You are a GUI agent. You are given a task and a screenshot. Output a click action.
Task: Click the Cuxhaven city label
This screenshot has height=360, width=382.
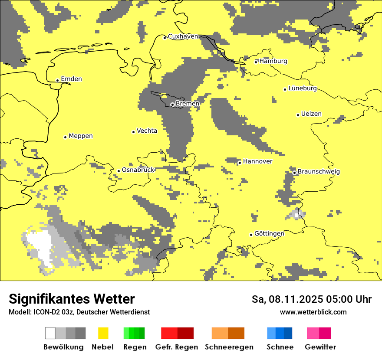[x=183, y=36]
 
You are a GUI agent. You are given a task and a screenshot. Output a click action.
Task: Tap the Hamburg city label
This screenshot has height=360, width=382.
[x=273, y=61]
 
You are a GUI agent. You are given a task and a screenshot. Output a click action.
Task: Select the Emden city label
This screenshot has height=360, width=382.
[x=71, y=79]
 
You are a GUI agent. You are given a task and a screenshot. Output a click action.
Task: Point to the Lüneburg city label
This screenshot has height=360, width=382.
[x=303, y=88]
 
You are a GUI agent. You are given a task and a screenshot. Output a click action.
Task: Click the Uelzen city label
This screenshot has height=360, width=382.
[x=311, y=114]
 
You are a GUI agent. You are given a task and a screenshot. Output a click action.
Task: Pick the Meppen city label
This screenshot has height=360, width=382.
[x=81, y=136]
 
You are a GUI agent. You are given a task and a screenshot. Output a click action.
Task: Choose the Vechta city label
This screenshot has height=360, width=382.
[x=147, y=131]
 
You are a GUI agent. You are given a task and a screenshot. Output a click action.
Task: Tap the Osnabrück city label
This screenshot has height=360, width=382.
[x=138, y=170]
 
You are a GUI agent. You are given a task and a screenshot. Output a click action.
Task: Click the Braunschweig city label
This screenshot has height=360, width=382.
[x=319, y=171]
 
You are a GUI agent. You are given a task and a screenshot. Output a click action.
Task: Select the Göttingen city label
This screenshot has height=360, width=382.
[x=269, y=233]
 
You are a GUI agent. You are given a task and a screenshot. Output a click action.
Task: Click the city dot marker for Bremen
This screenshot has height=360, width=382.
[x=172, y=105]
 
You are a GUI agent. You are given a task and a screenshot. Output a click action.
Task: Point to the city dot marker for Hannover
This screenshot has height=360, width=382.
[x=240, y=163]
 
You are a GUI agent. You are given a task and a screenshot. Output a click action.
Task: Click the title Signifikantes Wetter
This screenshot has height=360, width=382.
[x=72, y=299]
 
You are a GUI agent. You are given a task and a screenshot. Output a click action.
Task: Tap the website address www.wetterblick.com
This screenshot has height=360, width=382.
[x=313, y=312]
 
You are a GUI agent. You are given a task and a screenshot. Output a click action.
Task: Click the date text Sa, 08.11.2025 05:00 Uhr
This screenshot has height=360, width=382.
[x=312, y=299]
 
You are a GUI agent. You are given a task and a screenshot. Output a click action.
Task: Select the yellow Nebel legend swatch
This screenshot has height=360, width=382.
[x=103, y=333]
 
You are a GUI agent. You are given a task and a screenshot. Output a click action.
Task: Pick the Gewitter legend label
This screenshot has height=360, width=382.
[x=320, y=347]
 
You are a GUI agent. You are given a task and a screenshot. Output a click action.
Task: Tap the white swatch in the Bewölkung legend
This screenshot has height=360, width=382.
[x=50, y=333]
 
